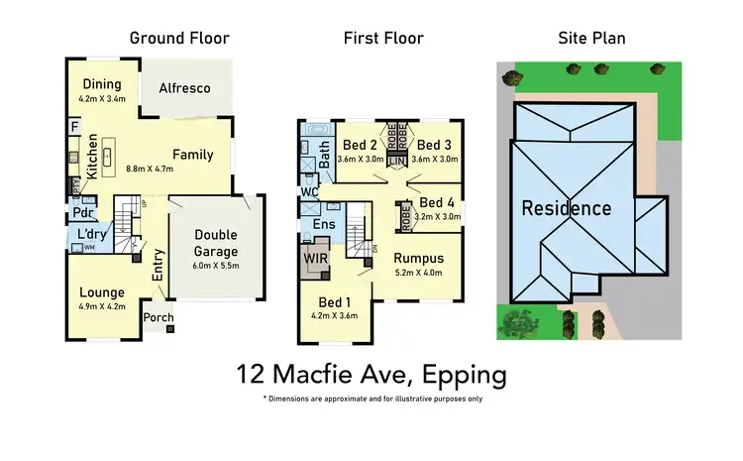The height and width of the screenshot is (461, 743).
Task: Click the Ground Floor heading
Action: (x=179, y=39)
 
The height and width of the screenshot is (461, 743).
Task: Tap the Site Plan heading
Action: (x=592, y=39)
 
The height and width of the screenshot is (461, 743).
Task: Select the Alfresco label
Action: (x=186, y=88)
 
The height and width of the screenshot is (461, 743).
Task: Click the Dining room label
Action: (x=102, y=83)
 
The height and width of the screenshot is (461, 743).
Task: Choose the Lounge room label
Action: (x=102, y=292)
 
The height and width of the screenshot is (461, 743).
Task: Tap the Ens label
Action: (x=323, y=224)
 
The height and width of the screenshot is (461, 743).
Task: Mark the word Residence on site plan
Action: (x=567, y=208)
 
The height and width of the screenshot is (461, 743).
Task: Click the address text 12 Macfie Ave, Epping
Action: (x=371, y=375)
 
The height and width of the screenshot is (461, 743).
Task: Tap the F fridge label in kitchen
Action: (x=73, y=126)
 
